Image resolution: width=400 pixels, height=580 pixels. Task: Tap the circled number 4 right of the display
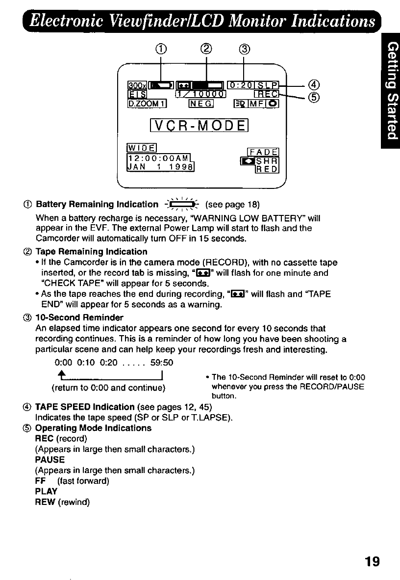[x=315, y=85]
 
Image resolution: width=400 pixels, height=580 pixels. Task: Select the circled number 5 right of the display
[x=315, y=98]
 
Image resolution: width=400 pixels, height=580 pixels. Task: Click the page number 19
[x=372, y=561]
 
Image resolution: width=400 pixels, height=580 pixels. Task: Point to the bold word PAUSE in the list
[x=50, y=460]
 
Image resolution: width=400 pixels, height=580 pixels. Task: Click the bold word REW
[x=45, y=502]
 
